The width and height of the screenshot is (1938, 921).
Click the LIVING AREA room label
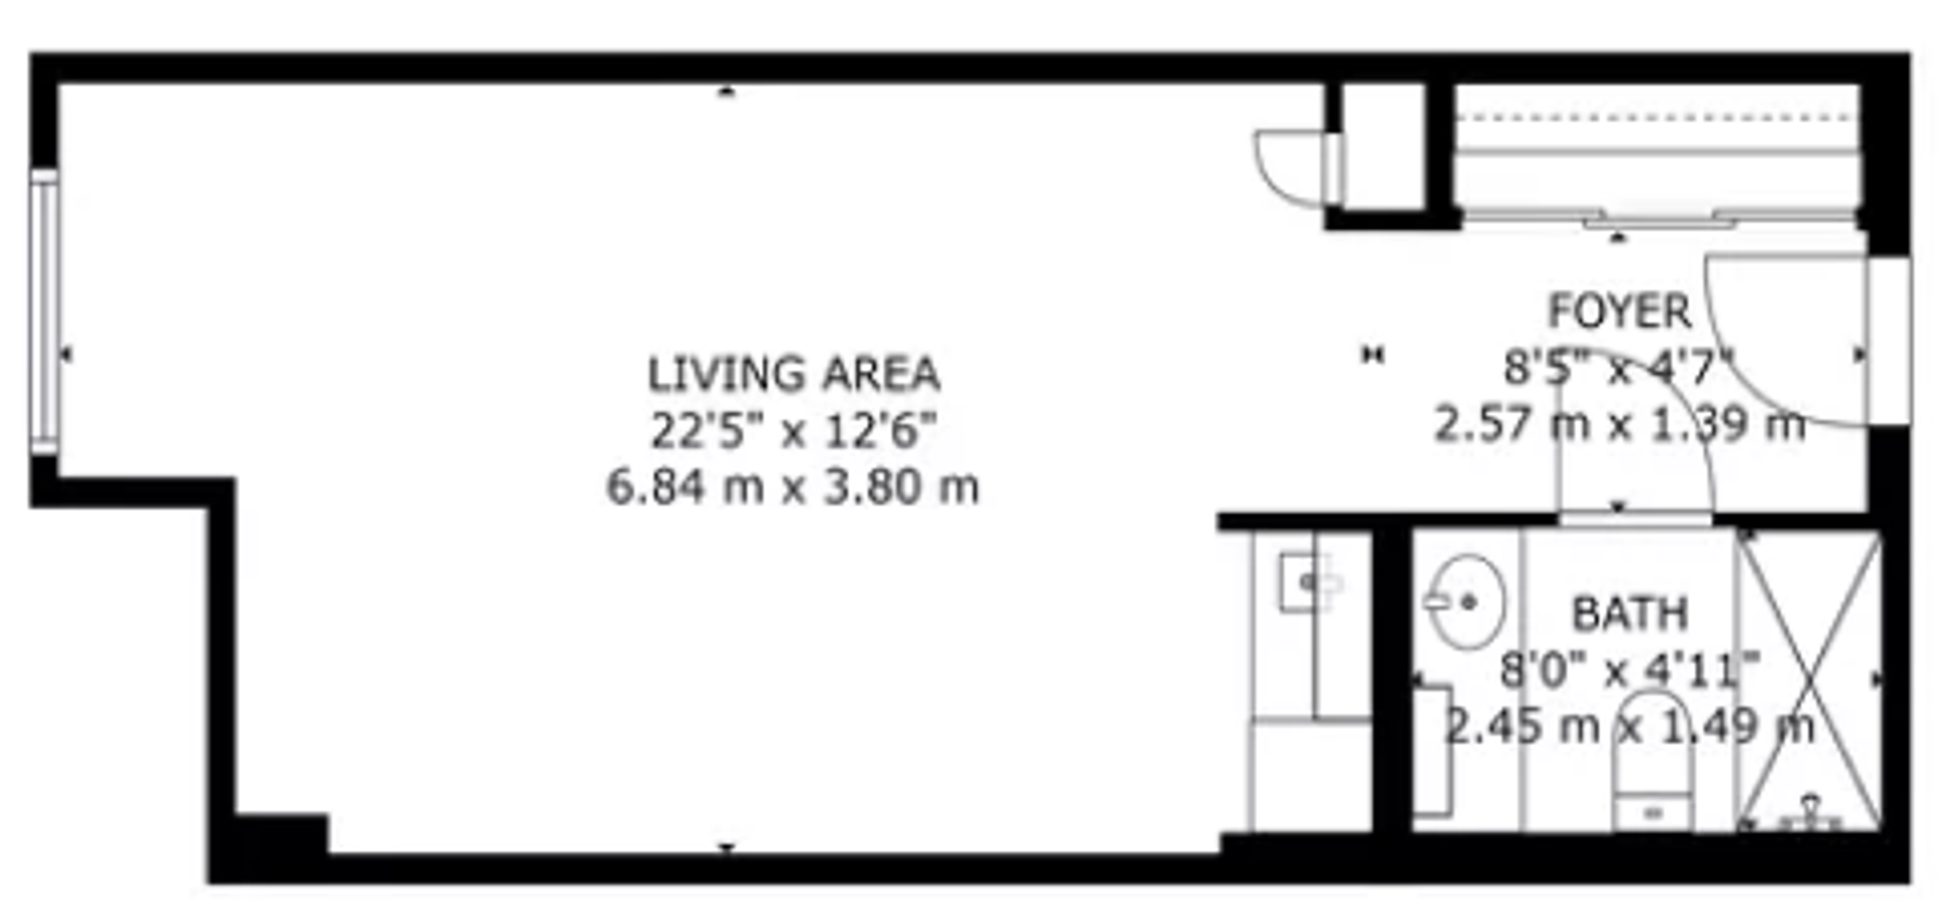pos(794,374)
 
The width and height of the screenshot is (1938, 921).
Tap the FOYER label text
pos(1619,311)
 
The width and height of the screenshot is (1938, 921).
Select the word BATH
pos(1630,613)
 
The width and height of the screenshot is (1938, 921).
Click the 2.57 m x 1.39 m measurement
pos(1619,424)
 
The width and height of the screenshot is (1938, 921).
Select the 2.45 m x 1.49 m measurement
pos(1630,726)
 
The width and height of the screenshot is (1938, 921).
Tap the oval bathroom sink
pos(1467,602)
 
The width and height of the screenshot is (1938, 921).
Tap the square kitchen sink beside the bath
pos(1304,582)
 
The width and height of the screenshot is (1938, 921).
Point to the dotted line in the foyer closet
pos(1655,117)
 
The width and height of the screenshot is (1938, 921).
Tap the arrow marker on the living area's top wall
pos(726,92)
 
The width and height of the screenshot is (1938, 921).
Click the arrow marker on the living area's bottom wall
pos(726,847)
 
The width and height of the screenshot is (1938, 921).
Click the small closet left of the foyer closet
pos(1383,147)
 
